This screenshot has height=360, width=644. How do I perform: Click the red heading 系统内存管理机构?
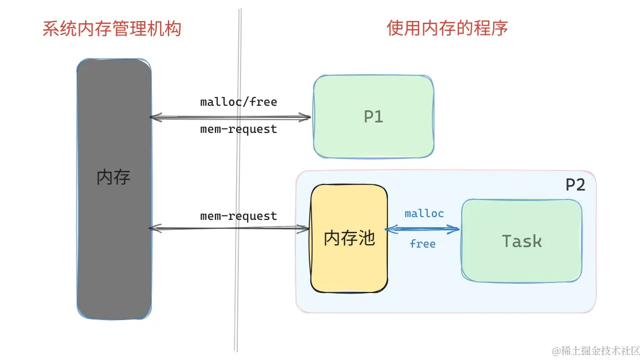coord(112,28)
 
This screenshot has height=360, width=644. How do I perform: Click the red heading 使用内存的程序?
coord(447,28)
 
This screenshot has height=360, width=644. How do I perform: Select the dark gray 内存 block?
coord(114,249)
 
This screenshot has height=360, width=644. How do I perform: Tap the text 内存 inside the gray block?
coord(114,177)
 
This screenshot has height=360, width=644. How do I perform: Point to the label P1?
coord(373,117)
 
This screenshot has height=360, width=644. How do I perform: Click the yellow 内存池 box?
coord(349,266)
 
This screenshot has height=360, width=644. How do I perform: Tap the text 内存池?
coord(349,238)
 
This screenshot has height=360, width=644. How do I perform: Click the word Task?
coord(522,241)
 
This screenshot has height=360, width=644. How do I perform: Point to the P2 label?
coord(575,185)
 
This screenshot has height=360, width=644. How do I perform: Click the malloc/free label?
coord(238,102)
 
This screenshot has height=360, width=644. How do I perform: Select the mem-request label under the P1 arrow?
coord(238,130)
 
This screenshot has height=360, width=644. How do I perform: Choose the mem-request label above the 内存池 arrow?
coord(238,216)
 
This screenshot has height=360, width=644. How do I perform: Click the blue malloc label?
coord(424,214)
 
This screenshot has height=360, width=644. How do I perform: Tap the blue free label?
coord(422,244)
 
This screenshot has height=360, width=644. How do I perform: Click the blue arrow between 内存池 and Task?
coord(424,229)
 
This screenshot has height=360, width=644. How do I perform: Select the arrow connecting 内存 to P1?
coord(230,117)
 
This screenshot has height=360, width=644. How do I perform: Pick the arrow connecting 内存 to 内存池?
coord(230,228)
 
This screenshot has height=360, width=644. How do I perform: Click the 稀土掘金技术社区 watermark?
coord(595,351)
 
